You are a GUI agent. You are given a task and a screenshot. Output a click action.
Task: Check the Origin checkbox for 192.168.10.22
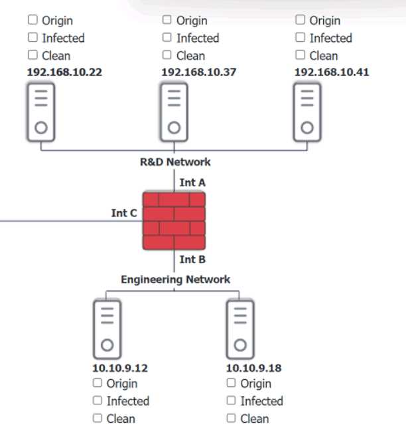(x=33, y=21)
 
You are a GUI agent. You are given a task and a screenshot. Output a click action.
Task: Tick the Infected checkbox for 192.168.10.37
(x=167, y=38)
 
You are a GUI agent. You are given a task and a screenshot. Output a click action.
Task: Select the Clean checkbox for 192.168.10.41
(x=300, y=56)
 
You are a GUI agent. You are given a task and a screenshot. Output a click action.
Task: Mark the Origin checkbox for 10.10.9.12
(x=98, y=383)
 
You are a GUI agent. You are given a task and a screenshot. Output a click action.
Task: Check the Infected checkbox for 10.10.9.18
(x=232, y=400)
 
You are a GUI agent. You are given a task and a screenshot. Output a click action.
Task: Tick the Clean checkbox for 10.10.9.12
(x=98, y=418)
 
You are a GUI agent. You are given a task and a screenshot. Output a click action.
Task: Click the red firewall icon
(x=174, y=220)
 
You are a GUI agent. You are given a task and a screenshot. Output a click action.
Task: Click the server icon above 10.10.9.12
(x=107, y=328)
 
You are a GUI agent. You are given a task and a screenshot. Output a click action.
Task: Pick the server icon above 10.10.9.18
(x=240, y=328)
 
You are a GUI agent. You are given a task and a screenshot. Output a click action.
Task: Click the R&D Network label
(x=175, y=162)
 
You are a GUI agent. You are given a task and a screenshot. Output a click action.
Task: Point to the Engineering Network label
(x=175, y=279)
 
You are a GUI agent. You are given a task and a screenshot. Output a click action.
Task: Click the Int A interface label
(x=192, y=181)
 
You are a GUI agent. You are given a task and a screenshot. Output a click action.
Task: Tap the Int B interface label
(x=192, y=260)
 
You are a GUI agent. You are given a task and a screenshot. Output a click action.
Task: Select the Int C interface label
(x=124, y=213)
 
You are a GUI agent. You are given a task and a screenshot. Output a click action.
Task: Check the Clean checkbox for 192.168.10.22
(x=33, y=56)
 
